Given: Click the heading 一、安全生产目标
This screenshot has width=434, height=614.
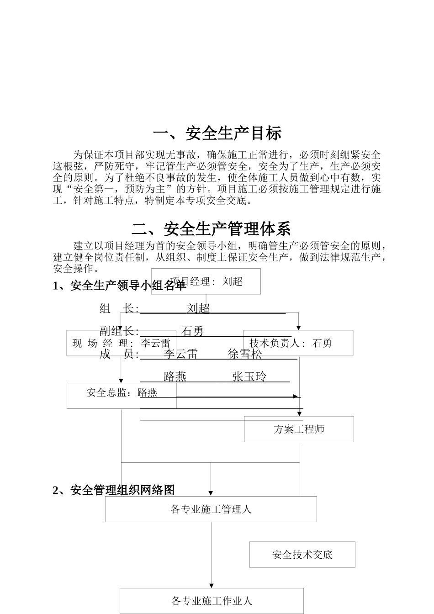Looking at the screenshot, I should click(217, 133).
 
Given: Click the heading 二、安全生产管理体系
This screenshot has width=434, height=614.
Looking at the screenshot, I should click(211, 228).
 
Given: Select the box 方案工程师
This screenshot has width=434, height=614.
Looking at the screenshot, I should click(299, 429).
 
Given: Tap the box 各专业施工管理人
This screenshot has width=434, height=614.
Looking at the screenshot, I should click(211, 509).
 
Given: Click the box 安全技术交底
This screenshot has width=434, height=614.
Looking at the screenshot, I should click(302, 555).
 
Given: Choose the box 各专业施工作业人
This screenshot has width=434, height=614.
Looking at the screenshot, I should click(212, 601).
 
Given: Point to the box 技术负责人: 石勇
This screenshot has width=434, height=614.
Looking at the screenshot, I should click(298, 343).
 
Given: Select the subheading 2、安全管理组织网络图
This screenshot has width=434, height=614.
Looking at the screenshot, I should click(114, 490).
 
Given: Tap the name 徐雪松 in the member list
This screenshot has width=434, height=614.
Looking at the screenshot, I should click(245, 354).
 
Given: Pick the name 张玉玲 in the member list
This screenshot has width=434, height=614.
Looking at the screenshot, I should click(249, 376).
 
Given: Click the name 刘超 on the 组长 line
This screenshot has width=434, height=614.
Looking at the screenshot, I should click(198, 308).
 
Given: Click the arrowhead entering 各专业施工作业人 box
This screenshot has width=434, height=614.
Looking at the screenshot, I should click(211, 586).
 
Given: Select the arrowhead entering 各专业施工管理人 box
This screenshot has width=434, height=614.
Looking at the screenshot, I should click(211, 493).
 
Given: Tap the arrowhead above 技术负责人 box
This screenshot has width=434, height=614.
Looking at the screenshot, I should click(299, 328).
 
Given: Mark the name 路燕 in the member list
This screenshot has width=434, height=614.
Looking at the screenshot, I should click(175, 376).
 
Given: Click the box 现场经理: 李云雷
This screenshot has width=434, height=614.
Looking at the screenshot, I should click(121, 343).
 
